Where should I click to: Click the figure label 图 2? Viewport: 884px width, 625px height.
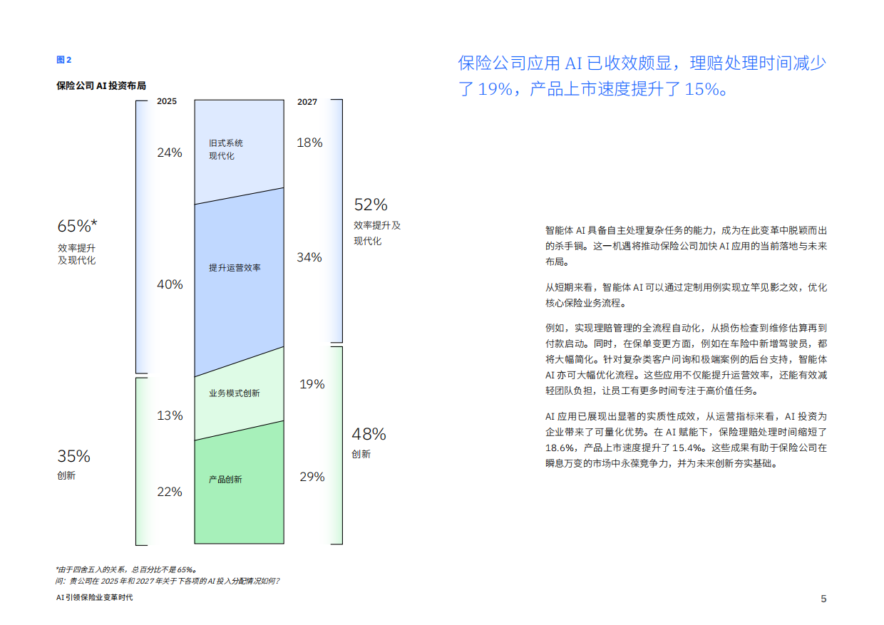[64, 60]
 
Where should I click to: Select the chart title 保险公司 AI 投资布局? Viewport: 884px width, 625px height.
[101, 86]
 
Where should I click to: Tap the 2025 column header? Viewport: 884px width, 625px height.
[167, 102]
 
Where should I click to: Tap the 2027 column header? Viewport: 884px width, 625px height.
[307, 102]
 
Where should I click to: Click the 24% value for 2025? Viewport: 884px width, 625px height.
[170, 153]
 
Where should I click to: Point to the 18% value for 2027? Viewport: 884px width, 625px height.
[309, 143]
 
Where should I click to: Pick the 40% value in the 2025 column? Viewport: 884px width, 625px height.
[170, 284]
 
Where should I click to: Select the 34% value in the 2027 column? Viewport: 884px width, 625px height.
[309, 257]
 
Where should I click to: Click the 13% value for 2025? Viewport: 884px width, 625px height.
[170, 415]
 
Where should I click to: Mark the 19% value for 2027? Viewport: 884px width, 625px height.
[312, 384]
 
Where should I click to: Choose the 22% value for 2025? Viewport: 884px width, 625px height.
[170, 492]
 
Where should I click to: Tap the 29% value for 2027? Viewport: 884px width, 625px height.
[312, 477]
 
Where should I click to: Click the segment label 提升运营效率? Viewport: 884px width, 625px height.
[235, 268]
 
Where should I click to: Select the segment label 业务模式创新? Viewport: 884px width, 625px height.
[235, 393]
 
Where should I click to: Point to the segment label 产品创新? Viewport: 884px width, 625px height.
[225, 480]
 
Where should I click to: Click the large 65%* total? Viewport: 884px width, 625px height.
[77, 227]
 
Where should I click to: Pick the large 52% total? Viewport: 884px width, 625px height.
[371, 205]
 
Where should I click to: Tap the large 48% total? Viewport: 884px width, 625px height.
[369, 434]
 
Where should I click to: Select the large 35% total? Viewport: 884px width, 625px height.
[73, 456]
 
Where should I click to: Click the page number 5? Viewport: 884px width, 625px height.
[823, 599]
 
